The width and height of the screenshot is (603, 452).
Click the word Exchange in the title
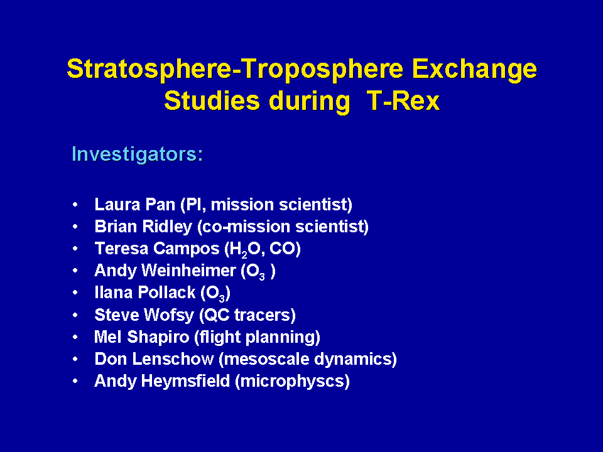point(474,70)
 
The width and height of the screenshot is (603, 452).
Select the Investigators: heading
point(138,154)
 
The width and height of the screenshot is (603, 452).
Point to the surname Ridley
point(167,227)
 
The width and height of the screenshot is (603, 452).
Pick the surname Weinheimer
point(188,271)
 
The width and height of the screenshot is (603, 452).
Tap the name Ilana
point(114,293)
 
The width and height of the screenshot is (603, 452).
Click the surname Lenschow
point(178,359)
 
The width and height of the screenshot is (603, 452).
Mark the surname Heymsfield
point(185,382)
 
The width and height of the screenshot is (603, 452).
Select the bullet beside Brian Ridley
point(75,227)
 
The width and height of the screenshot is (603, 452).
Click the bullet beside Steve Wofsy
point(75,315)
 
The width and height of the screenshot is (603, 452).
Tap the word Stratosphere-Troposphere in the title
point(235,70)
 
